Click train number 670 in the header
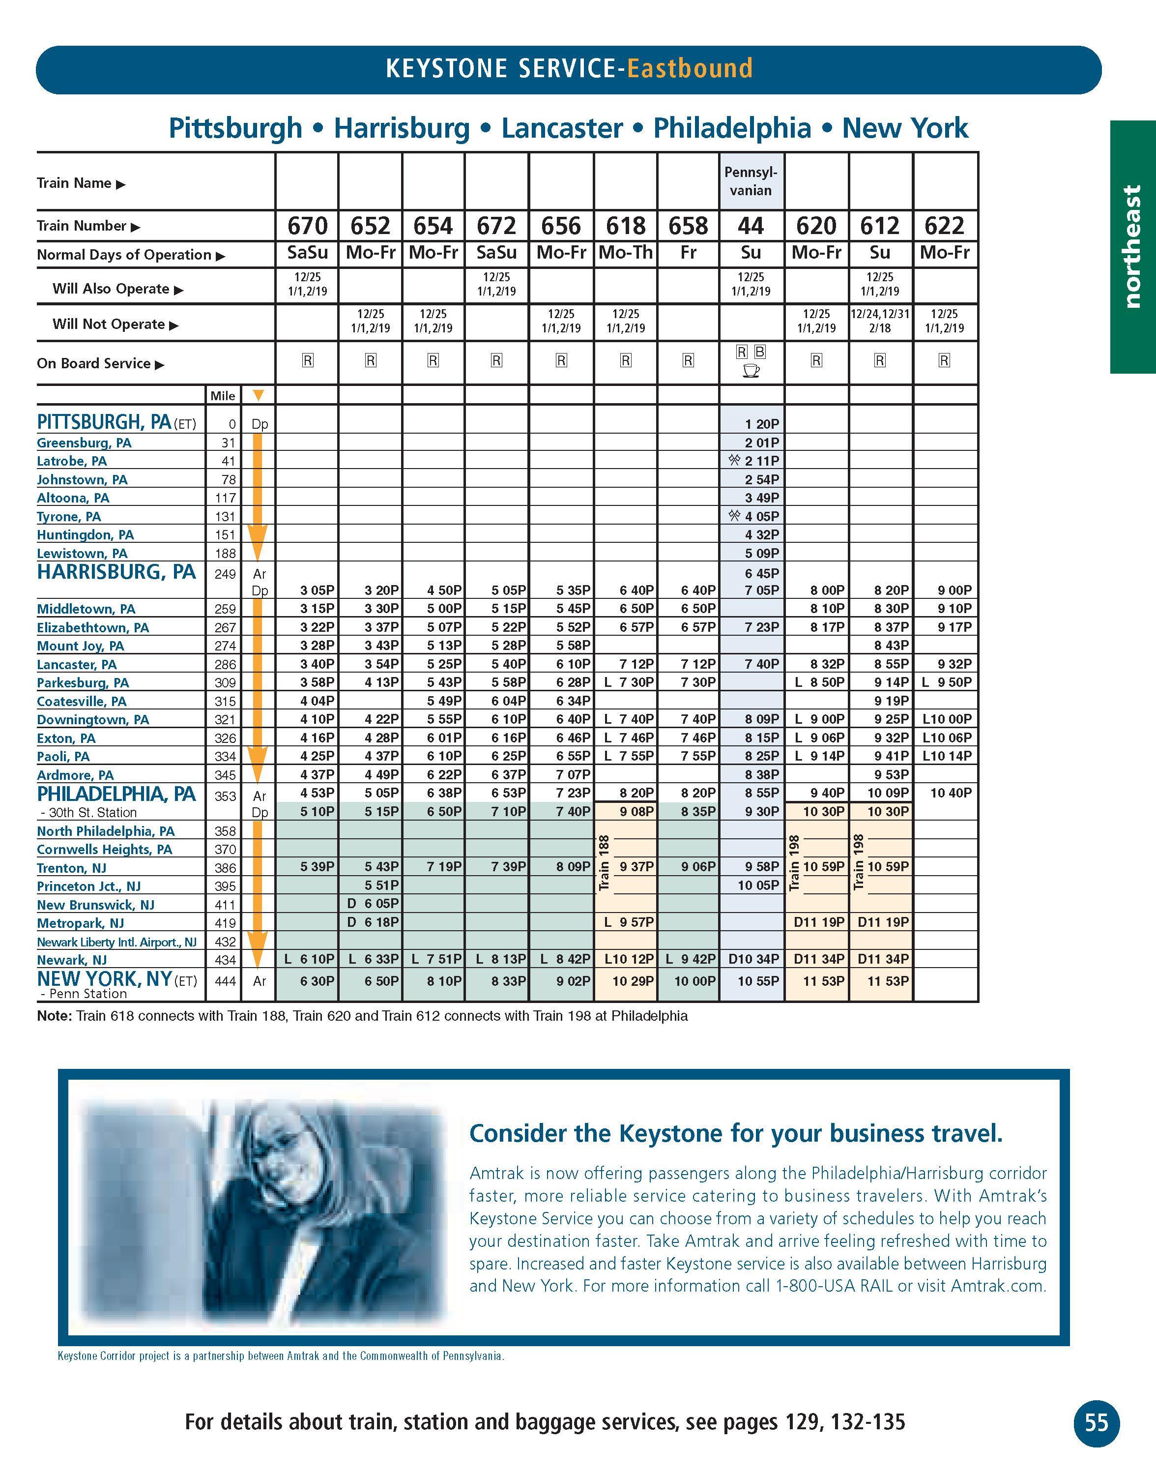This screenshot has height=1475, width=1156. (307, 225)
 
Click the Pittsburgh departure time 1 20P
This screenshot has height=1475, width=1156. (762, 424)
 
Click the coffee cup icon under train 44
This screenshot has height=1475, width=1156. (751, 371)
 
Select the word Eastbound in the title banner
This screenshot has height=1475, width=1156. (690, 69)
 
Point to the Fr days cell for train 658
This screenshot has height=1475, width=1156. (688, 253)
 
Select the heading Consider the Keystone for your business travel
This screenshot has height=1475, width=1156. (736, 1133)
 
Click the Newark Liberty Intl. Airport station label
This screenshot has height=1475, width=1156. (116, 942)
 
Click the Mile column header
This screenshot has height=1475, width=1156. (223, 396)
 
